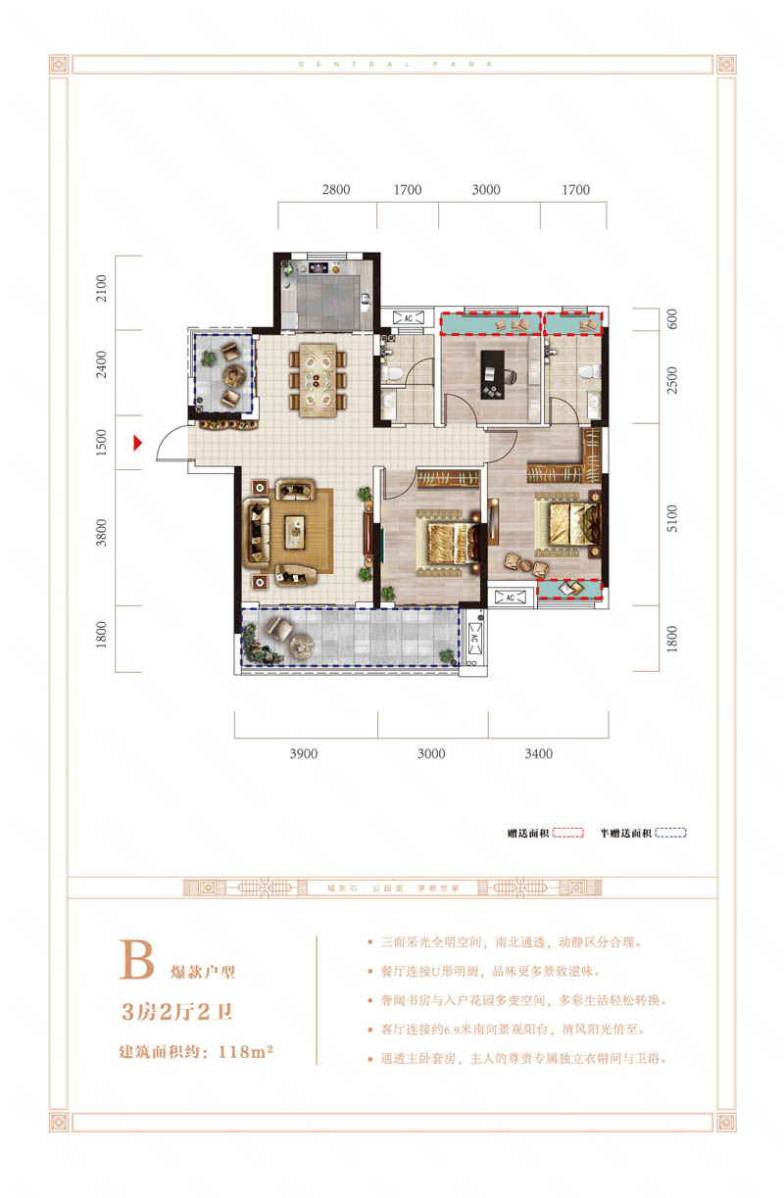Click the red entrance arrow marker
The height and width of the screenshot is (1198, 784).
(139, 444)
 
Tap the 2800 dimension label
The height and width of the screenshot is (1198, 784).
(336, 190)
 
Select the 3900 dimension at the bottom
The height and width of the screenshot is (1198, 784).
(304, 753)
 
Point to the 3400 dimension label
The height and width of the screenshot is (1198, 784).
(539, 753)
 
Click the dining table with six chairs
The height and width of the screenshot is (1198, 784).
(317, 377)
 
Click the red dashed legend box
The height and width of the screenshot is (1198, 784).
(568, 833)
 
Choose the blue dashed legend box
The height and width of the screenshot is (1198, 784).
(670, 833)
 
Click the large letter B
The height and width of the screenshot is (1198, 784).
(136, 962)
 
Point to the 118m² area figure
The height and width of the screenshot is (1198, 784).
(240, 1054)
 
